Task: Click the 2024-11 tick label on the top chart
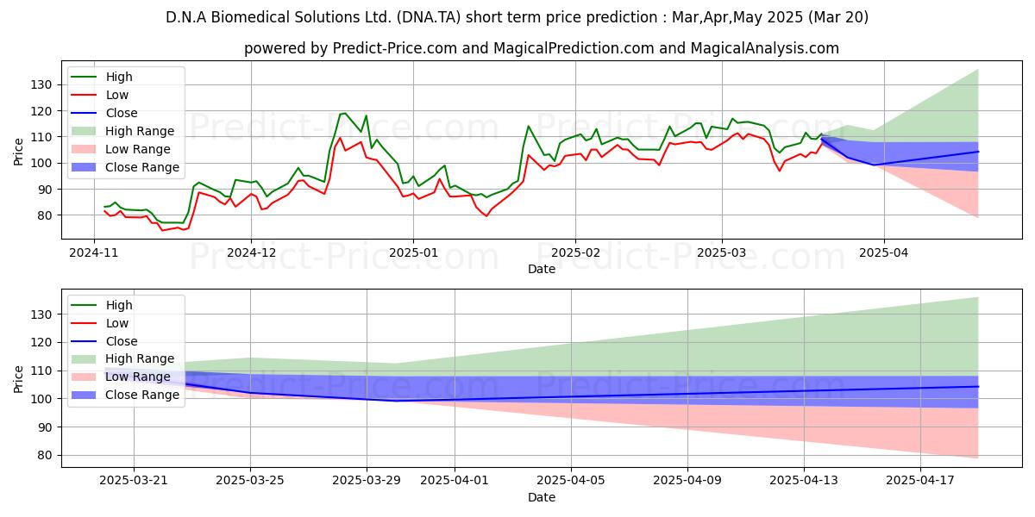(94, 253)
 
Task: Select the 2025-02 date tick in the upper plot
(576, 253)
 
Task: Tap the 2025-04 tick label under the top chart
(884, 253)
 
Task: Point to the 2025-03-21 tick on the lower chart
(134, 481)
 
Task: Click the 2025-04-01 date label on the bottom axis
(455, 481)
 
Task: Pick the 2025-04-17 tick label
(920, 481)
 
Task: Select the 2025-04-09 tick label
(687, 481)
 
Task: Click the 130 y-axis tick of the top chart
(41, 85)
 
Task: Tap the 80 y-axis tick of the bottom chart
(45, 456)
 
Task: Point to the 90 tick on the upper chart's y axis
(45, 190)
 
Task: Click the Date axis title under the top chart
(542, 269)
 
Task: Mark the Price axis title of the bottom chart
(18, 379)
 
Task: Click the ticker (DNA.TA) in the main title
(429, 17)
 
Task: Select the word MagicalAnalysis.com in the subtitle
(765, 48)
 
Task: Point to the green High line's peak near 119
(344, 114)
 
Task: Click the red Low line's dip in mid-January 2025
(486, 216)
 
